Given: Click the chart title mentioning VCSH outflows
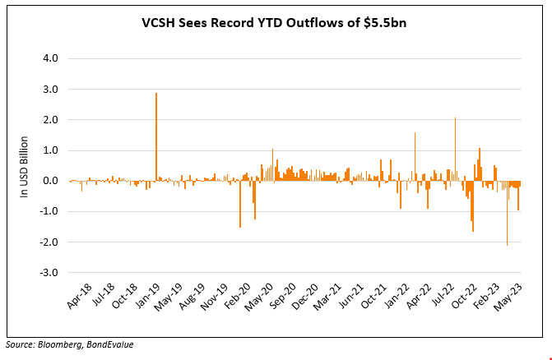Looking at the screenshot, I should coord(275,23).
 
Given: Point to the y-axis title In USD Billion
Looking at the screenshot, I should coord(25,167).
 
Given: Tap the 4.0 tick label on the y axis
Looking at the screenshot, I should coord(50,59).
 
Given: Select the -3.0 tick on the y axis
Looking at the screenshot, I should coord(49,272).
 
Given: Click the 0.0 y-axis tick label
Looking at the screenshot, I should coord(50,181).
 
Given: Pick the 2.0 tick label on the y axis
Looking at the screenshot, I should coord(50,120).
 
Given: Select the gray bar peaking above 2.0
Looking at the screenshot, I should coord(455,149).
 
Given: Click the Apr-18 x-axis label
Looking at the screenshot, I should coord(80,299).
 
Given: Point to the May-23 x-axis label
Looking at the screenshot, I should coord(517,299).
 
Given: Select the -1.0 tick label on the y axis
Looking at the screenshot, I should coord(49,211).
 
